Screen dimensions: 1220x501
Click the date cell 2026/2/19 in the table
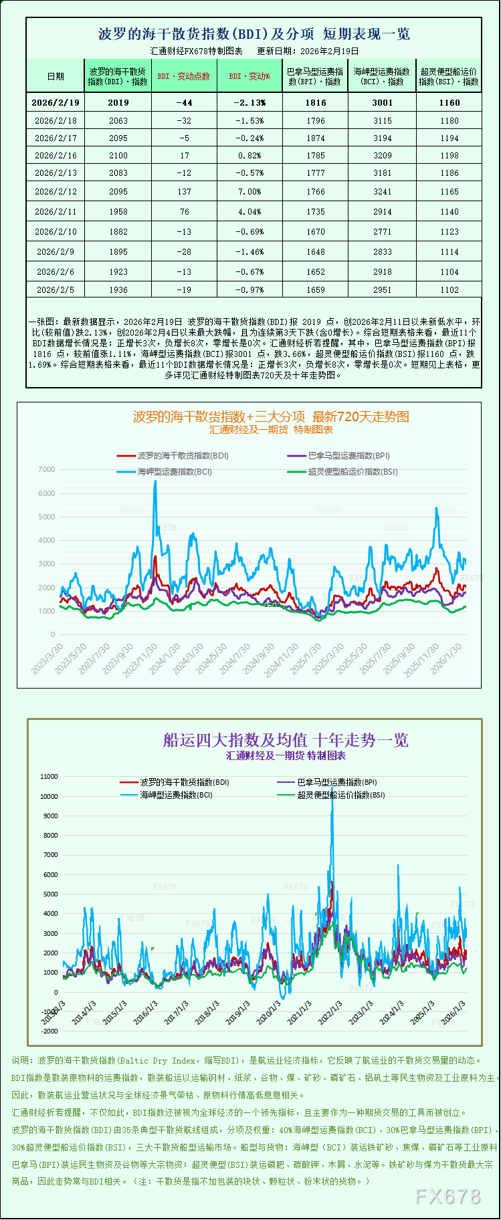(56, 102)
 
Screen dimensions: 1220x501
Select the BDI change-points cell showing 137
(185, 191)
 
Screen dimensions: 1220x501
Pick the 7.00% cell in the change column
(249, 191)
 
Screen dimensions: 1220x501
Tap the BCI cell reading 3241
(383, 191)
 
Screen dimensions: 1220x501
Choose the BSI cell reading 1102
(449, 289)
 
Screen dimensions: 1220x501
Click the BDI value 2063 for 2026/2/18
(118, 120)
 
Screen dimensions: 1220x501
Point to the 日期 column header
(56, 76)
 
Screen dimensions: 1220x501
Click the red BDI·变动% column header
(249, 76)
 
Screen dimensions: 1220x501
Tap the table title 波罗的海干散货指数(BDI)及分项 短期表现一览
(254, 33)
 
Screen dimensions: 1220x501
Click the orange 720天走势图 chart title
(271, 416)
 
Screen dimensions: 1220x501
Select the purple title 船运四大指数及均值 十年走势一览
(286, 740)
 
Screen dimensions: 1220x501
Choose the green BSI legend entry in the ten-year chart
(340, 795)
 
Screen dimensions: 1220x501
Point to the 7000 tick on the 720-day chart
(47, 469)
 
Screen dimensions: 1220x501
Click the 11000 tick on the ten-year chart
(49, 777)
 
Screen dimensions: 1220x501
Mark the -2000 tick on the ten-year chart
(49, 1031)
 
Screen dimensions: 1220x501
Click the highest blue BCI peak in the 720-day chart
(156, 481)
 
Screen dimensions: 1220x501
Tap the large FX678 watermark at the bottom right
(448, 1196)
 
